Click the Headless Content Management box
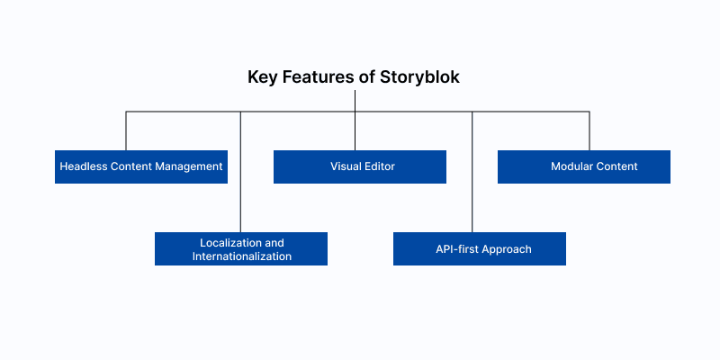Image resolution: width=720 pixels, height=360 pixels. pyautogui.click(x=141, y=166)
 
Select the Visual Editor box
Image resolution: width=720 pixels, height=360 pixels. pyautogui.click(x=360, y=166)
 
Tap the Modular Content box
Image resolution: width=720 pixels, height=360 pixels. pyautogui.click(x=584, y=166)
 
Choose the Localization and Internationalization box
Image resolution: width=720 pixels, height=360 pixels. pyautogui.click(x=241, y=248)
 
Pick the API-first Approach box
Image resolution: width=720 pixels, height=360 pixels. pyautogui.click(x=480, y=248)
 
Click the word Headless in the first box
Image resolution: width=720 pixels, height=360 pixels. pyautogui.click(x=84, y=166)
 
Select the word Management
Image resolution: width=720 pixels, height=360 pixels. pyautogui.click(x=192, y=166)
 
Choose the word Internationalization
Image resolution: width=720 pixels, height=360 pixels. pyautogui.click(x=241, y=256)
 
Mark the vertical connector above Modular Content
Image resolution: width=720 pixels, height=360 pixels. pyautogui.click(x=589, y=130)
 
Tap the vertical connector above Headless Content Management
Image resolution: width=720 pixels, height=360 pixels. pyautogui.click(x=126, y=130)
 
